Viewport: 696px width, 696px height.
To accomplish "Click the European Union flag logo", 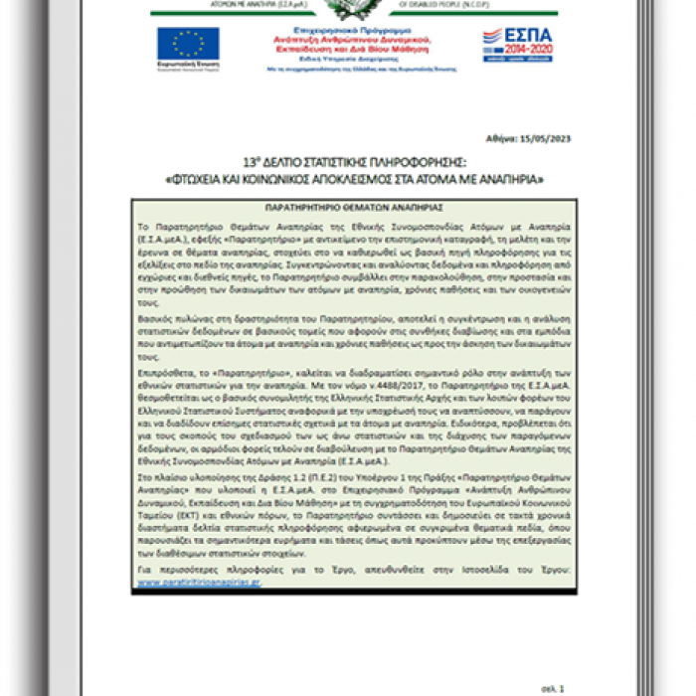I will [x=188, y=43].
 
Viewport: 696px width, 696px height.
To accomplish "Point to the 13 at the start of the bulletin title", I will [x=249, y=162].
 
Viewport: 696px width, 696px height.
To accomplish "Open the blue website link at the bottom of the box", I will [x=199, y=583].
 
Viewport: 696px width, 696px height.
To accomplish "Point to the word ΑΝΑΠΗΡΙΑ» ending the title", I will [x=512, y=178].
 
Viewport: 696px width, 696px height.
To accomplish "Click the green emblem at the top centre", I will [x=349, y=8].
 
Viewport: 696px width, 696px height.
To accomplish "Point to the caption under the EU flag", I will [x=188, y=65].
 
